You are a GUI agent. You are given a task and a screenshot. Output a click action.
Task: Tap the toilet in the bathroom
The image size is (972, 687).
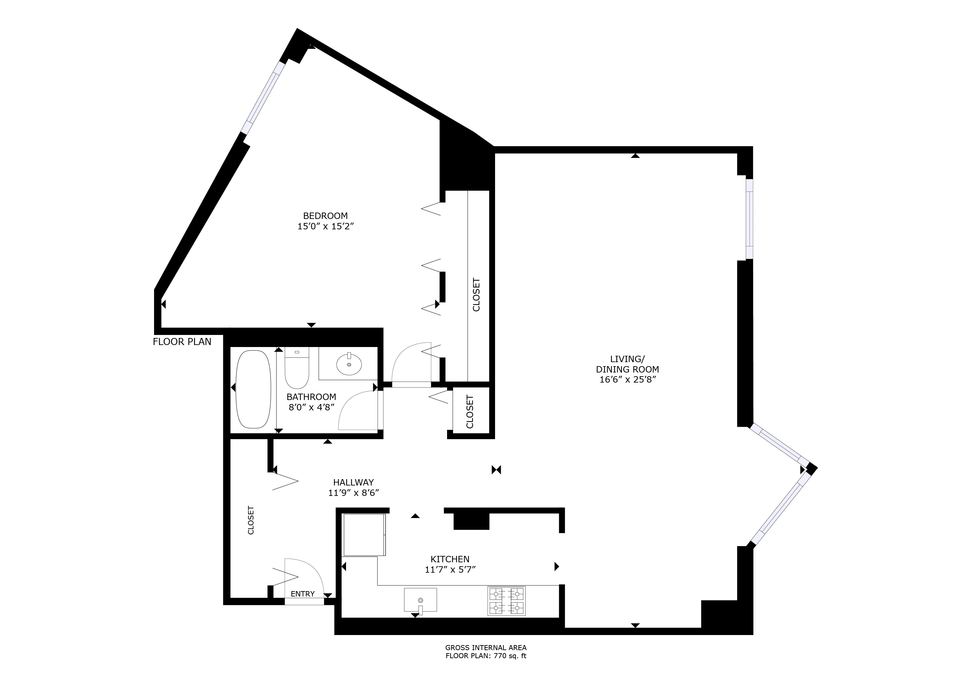point(297,367)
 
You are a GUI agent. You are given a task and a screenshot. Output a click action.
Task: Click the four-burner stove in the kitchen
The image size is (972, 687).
point(506,601)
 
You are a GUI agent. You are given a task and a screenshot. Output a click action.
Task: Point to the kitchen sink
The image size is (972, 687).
point(420,600)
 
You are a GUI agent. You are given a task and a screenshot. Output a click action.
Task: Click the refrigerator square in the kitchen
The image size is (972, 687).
point(364,535)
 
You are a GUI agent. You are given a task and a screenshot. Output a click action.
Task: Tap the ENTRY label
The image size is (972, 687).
point(302,594)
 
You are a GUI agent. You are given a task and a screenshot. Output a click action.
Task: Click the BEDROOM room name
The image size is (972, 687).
point(325,216)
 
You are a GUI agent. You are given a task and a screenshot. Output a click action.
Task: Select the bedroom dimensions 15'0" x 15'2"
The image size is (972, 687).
point(325,226)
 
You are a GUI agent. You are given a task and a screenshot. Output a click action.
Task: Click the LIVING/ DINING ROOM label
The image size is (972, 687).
point(627,364)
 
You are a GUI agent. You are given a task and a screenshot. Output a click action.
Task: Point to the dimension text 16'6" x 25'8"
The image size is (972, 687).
point(627,380)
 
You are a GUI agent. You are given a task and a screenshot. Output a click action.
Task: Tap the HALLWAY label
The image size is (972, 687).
point(353,482)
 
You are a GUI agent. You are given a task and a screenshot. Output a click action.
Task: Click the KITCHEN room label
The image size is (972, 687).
point(450,559)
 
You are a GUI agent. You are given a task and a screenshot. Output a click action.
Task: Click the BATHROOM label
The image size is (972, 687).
point(311,397)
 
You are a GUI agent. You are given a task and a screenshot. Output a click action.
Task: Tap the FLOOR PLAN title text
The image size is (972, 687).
point(182,342)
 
